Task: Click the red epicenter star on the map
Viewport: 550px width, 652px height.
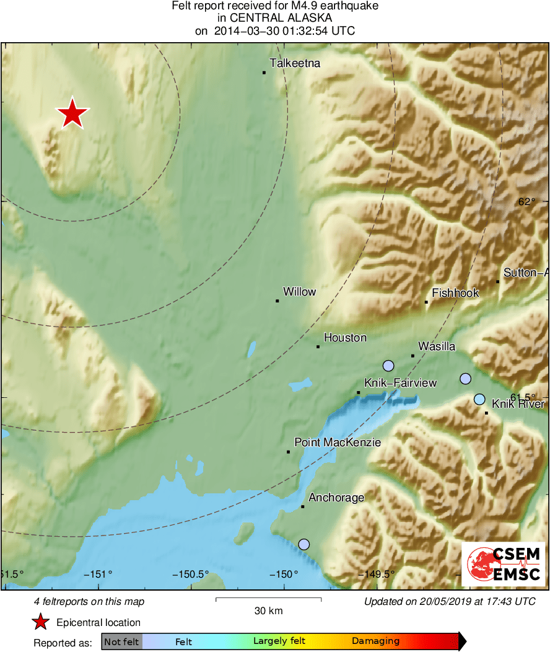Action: click(x=72, y=113)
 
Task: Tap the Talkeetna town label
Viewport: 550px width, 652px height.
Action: click(x=295, y=63)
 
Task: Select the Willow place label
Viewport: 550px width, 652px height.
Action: click(x=299, y=291)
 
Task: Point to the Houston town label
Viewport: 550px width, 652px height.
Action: click(x=345, y=338)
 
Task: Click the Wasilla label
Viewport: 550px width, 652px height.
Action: click(x=437, y=346)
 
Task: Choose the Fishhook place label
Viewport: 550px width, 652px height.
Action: click(x=455, y=293)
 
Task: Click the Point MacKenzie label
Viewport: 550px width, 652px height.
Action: click(x=337, y=443)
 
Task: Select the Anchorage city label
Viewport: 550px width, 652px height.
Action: click(x=336, y=497)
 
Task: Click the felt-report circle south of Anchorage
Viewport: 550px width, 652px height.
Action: click(x=303, y=544)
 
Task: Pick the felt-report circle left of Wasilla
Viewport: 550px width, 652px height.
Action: click(x=388, y=366)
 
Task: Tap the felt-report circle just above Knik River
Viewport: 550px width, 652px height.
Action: click(x=479, y=399)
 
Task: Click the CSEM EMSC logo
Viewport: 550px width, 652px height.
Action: click(x=503, y=564)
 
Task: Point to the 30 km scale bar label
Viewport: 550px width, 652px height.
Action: click(x=268, y=611)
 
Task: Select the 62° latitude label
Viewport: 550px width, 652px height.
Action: click(x=526, y=201)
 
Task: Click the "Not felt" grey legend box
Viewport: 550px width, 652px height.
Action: click(x=122, y=642)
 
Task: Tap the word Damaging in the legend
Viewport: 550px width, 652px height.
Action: click(x=375, y=641)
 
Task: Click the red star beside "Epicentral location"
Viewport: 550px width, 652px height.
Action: click(x=41, y=622)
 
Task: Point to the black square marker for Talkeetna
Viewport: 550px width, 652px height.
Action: click(x=264, y=73)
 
